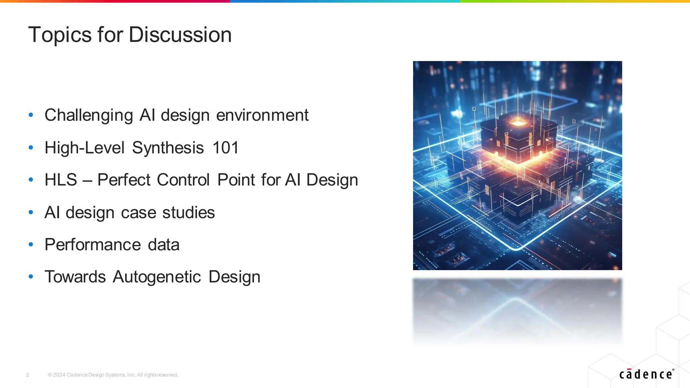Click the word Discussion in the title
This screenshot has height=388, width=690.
180,35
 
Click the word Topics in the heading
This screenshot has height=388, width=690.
60,35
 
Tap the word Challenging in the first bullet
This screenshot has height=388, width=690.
89,115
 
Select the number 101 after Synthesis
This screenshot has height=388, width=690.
225,148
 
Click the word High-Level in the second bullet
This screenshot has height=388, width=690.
84,148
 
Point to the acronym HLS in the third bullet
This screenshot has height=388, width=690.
61,180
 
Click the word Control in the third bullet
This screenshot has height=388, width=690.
183,180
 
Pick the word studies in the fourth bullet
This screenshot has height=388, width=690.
188,212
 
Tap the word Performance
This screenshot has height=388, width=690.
92,245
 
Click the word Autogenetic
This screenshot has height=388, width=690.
157,277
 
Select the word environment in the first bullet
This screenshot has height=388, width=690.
262,115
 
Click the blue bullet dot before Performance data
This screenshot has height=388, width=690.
31,245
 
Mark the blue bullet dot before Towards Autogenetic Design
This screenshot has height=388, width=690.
31,277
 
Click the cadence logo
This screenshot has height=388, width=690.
646,374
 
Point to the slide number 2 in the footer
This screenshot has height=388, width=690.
28,375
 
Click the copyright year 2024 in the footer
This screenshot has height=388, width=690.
59,375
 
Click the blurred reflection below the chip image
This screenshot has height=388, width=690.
517,310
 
